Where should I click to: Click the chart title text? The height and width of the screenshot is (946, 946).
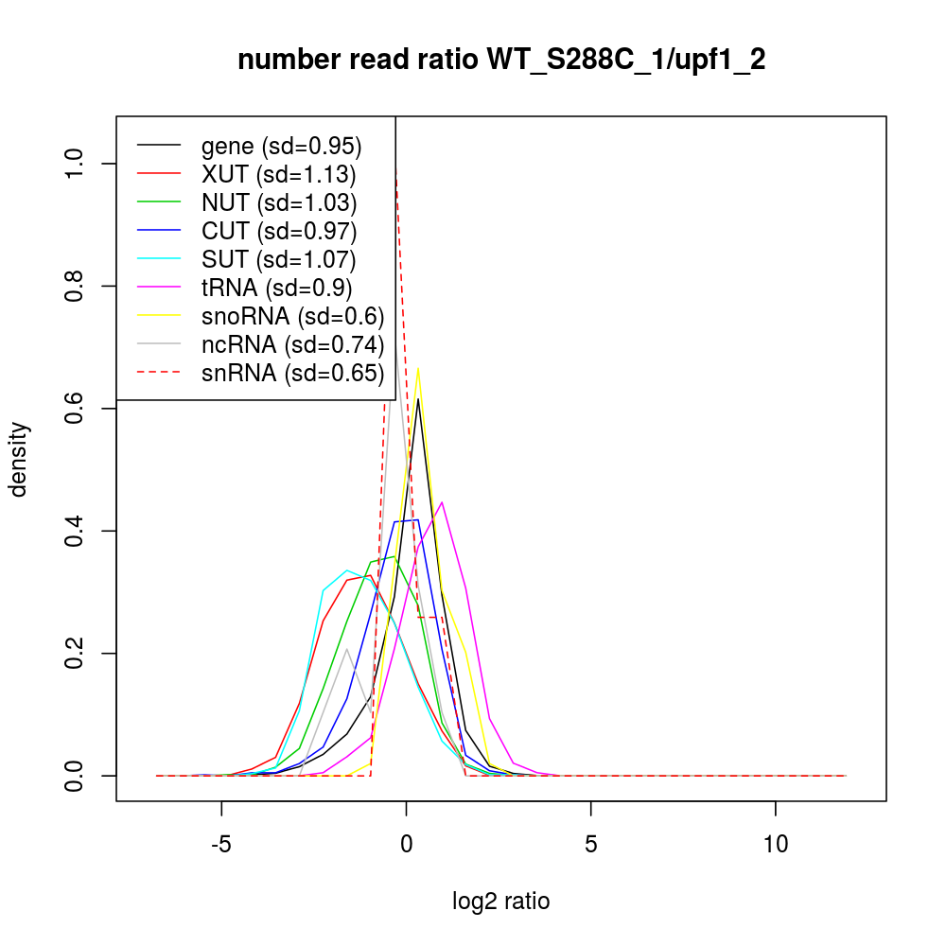[501, 60]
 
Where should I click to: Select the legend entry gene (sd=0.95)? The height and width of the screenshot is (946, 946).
[281, 146]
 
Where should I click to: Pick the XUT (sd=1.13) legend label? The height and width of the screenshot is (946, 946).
[278, 174]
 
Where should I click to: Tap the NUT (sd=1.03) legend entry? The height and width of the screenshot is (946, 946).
[278, 202]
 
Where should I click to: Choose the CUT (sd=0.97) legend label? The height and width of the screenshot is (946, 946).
[278, 231]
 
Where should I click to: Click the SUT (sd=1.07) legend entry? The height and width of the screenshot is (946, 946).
[278, 259]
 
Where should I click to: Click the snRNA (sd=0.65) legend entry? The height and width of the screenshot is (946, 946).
[292, 373]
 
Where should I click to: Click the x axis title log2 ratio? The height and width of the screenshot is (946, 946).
[501, 902]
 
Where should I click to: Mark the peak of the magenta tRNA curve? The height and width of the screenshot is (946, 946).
[442, 502]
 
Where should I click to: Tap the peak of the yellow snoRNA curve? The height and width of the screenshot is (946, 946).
[418, 368]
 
